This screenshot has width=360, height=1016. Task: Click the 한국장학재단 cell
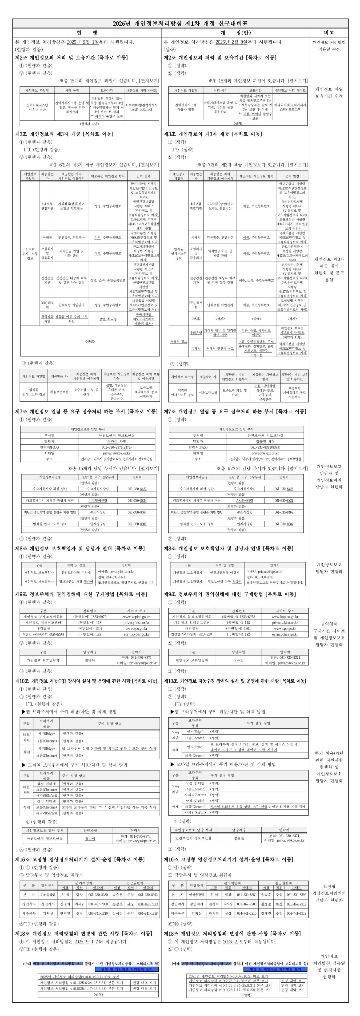point(47,319)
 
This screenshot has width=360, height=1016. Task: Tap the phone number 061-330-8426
point(284,489)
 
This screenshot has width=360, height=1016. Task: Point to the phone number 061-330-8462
point(284,512)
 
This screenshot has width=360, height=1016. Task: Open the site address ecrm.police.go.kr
point(285,635)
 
